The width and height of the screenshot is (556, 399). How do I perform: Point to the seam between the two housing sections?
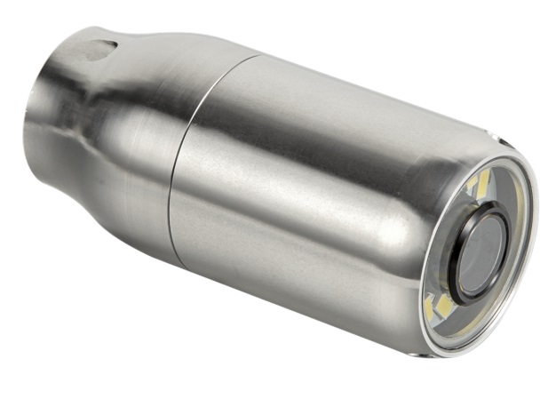(x=182, y=160)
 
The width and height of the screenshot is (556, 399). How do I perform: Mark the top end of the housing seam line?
(x=258, y=56)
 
